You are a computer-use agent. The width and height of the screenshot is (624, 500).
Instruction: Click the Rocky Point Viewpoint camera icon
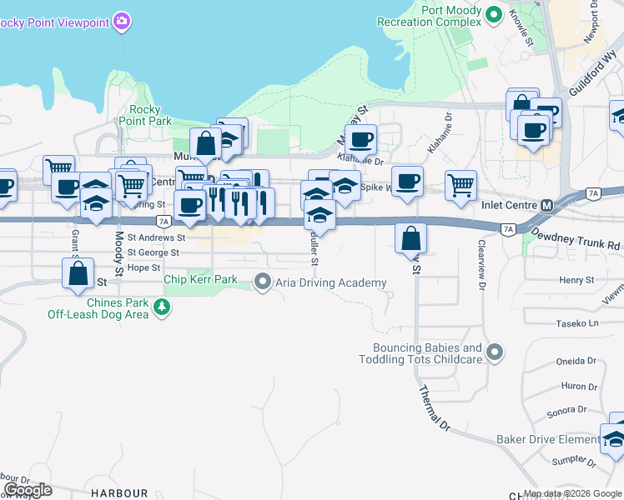122,20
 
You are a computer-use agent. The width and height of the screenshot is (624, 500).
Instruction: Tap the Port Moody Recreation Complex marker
493,14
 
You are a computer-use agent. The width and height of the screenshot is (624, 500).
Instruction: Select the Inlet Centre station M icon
547,205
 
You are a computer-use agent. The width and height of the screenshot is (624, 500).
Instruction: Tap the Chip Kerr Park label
201,280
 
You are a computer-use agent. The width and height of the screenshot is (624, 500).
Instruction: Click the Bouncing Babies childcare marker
495,352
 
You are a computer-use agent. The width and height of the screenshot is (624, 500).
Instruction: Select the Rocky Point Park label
150,115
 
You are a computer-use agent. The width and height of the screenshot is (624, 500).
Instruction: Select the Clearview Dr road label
482,265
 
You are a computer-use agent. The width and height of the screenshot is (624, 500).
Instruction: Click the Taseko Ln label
577,322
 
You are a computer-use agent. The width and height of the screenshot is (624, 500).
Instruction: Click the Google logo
27,490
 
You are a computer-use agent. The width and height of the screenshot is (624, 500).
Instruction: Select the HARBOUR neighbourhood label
120,493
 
